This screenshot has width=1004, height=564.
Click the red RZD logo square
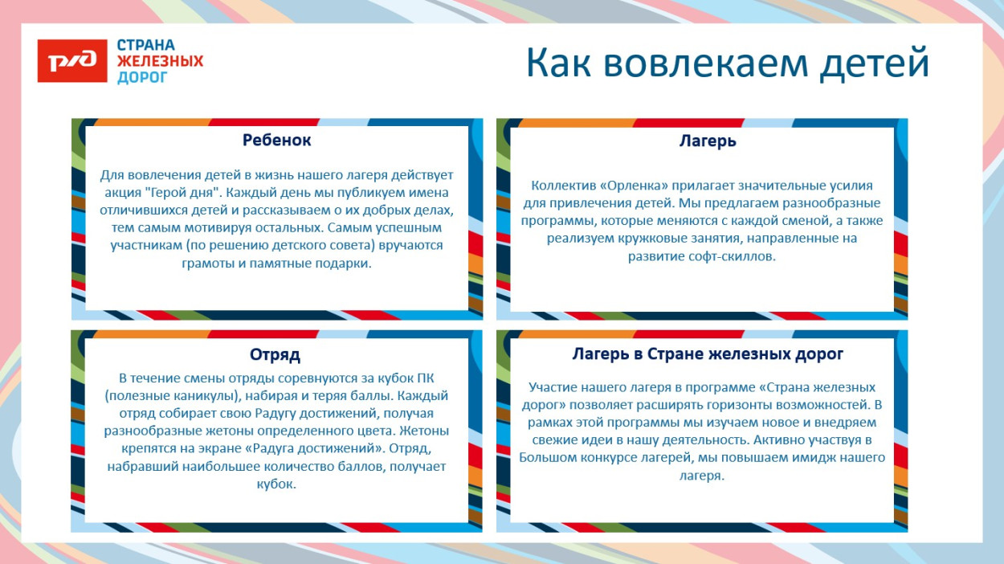[x=72, y=60]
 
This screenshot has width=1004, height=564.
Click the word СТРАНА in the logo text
[x=146, y=45]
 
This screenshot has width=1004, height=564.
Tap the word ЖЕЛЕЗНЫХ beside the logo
[x=160, y=61]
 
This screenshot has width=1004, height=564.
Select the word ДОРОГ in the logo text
[x=143, y=77]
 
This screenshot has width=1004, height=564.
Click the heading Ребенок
[x=277, y=140]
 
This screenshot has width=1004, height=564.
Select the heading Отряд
[x=275, y=354]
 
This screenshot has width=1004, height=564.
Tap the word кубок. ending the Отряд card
[x=276, y=484]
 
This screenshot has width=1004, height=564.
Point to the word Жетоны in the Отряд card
[x=423, y=431]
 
